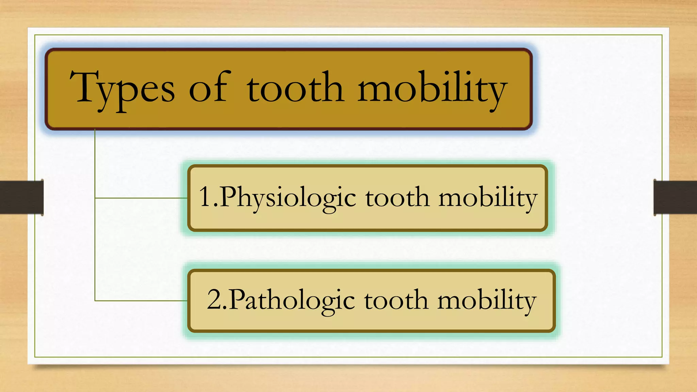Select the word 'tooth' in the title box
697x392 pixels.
[x=295, y=88]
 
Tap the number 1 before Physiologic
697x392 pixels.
[x=206, y=197]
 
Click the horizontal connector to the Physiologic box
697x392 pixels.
[x=141, y=198]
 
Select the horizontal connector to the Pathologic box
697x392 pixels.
[x=141, y=301]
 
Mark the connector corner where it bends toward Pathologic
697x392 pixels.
[x=95, y=301]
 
